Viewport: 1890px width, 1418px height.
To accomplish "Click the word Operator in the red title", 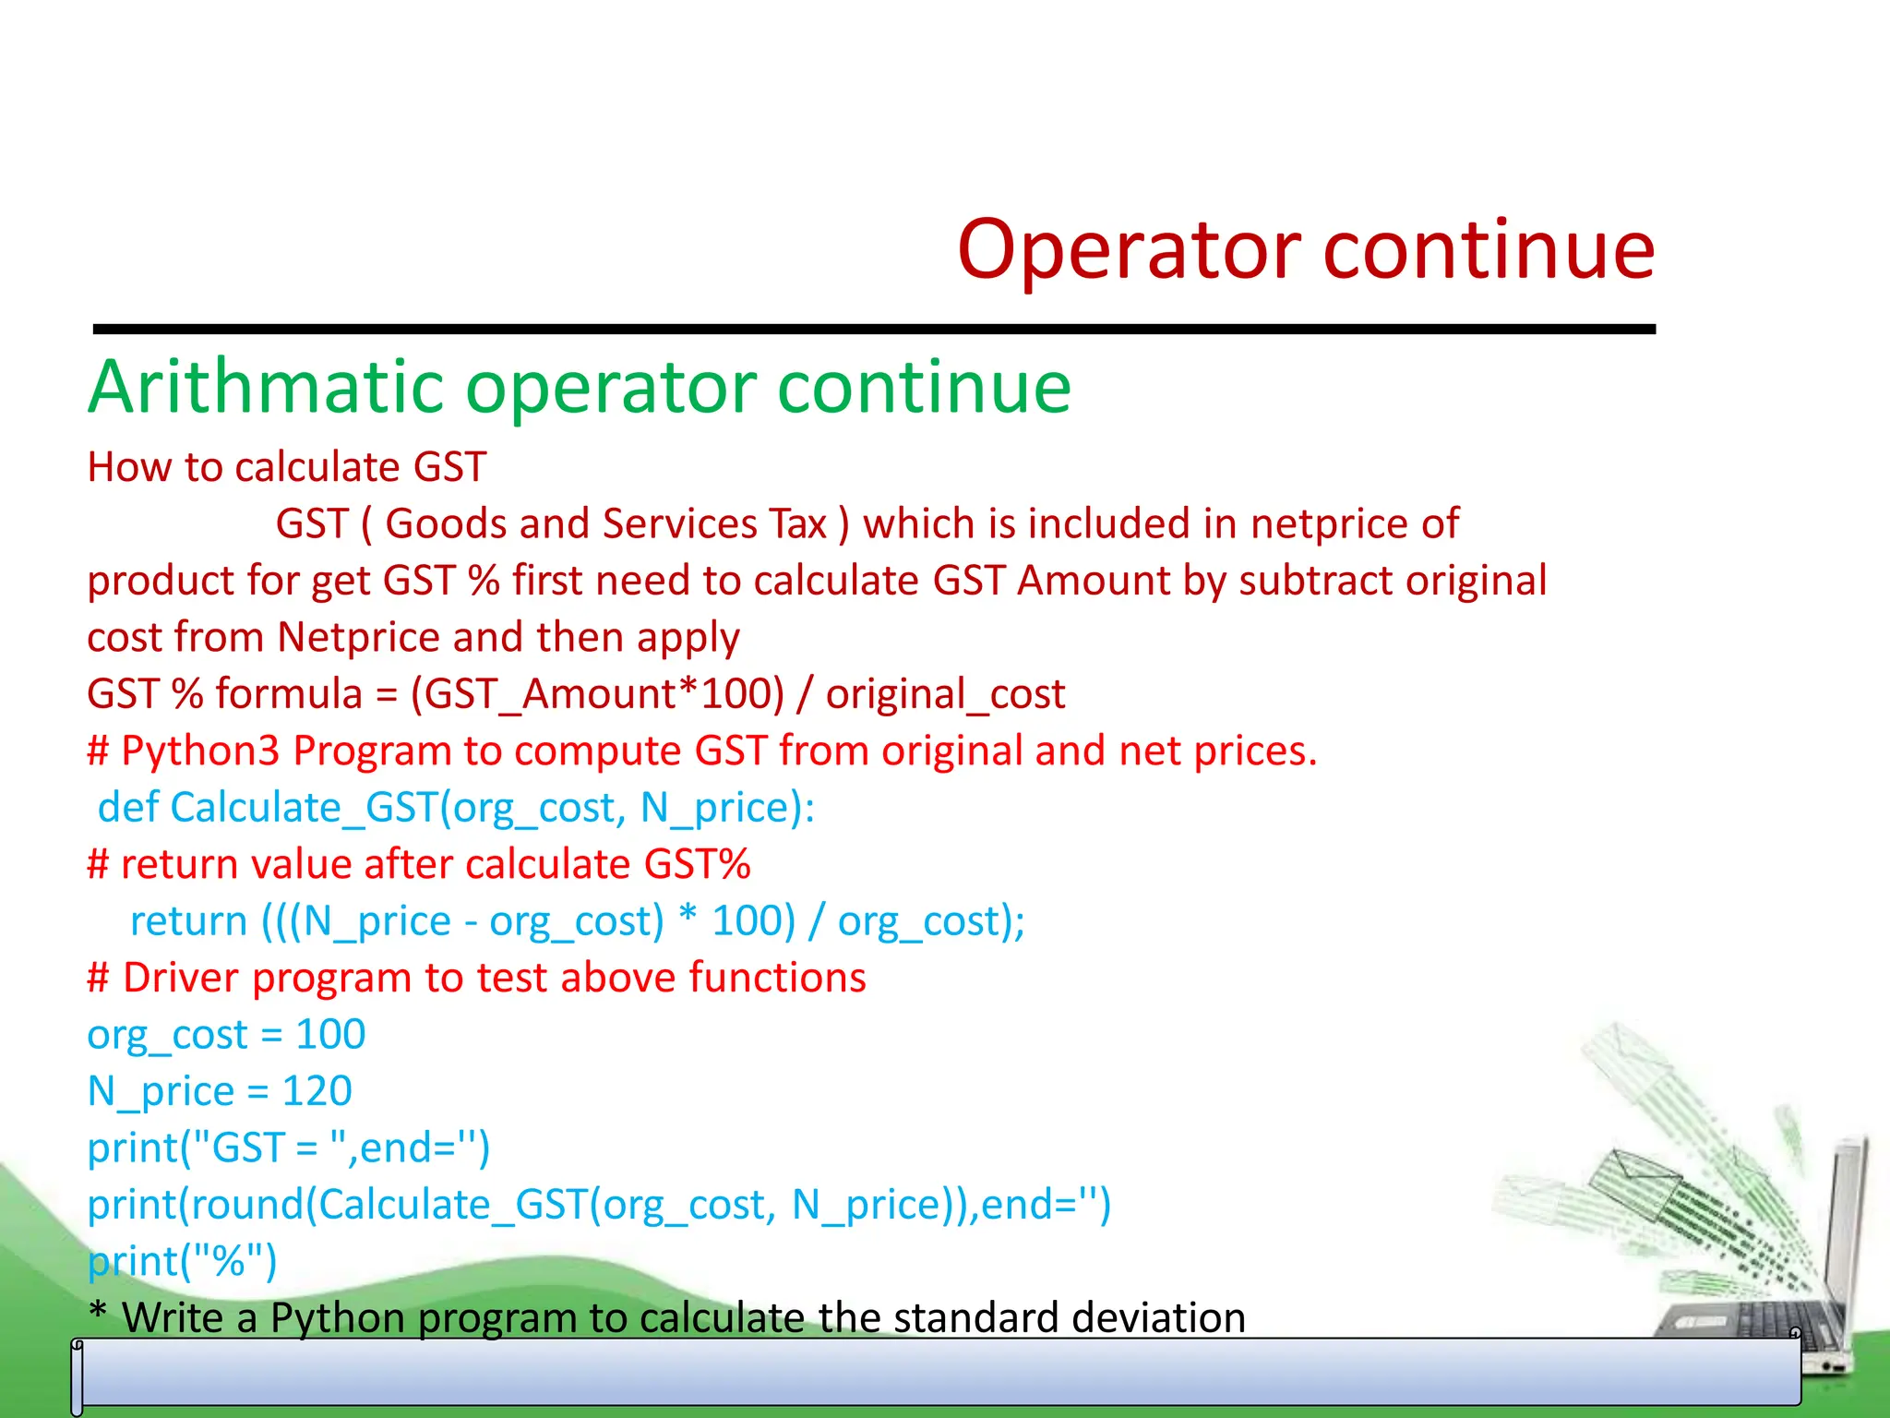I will [x=1130, y=251].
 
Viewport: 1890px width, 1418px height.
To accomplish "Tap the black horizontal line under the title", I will [x=874, y=329].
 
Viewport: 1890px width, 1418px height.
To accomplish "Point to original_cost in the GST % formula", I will [x=945, y=694].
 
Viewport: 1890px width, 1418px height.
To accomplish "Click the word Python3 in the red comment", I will [x=200, y=751].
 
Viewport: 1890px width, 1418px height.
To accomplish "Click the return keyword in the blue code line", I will [x=188, y=921].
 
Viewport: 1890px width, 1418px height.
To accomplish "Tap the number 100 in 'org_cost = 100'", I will [x=329, y=1034].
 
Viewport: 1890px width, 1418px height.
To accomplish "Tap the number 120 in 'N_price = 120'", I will [x=317, y=1091].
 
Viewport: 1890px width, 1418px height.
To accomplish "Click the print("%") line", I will [x=182, y=1261].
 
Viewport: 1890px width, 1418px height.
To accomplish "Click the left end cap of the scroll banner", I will [x=78, y=1376].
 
